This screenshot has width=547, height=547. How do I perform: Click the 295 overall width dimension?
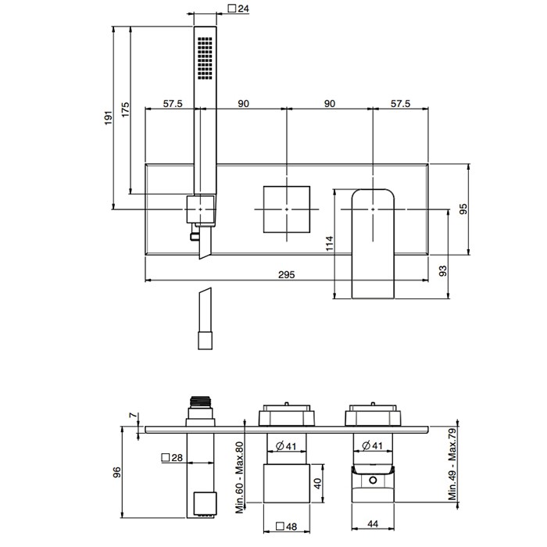(287, 274)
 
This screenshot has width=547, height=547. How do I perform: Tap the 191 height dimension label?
(109, 118)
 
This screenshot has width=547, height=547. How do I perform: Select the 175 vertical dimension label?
(125, 109)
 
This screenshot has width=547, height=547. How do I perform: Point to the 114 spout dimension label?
(329, 244)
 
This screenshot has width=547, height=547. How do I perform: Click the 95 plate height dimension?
(463, 209)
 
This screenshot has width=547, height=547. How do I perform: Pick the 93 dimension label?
(442, 271)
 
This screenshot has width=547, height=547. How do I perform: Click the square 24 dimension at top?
(238, 9)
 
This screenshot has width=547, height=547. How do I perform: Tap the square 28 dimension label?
(173, 457)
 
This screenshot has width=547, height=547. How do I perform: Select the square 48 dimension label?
(287, 527)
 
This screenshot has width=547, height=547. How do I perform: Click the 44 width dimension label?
(373, 524)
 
